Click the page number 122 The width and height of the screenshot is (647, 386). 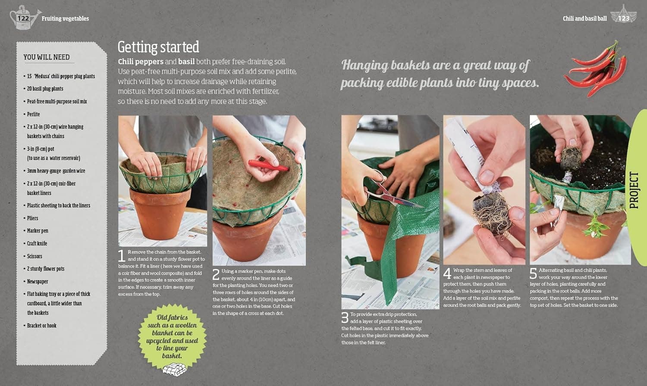point(23,19)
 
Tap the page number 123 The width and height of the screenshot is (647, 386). point(624,19)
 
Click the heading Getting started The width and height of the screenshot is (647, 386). point(158,47)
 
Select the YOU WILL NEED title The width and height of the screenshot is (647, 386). point(47,57)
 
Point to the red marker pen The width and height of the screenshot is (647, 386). point(268,165)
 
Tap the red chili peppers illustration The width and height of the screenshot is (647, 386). point(595,69)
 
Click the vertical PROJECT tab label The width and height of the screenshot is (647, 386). point(634,190)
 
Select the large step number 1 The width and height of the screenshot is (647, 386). point(122,256)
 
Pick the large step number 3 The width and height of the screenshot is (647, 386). point(345,318)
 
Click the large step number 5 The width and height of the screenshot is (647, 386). point(533,274)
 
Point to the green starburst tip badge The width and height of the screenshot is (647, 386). point(172,336)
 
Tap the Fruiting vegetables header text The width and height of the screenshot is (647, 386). point(65,19)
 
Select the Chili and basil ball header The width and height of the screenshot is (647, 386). point(584,19)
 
